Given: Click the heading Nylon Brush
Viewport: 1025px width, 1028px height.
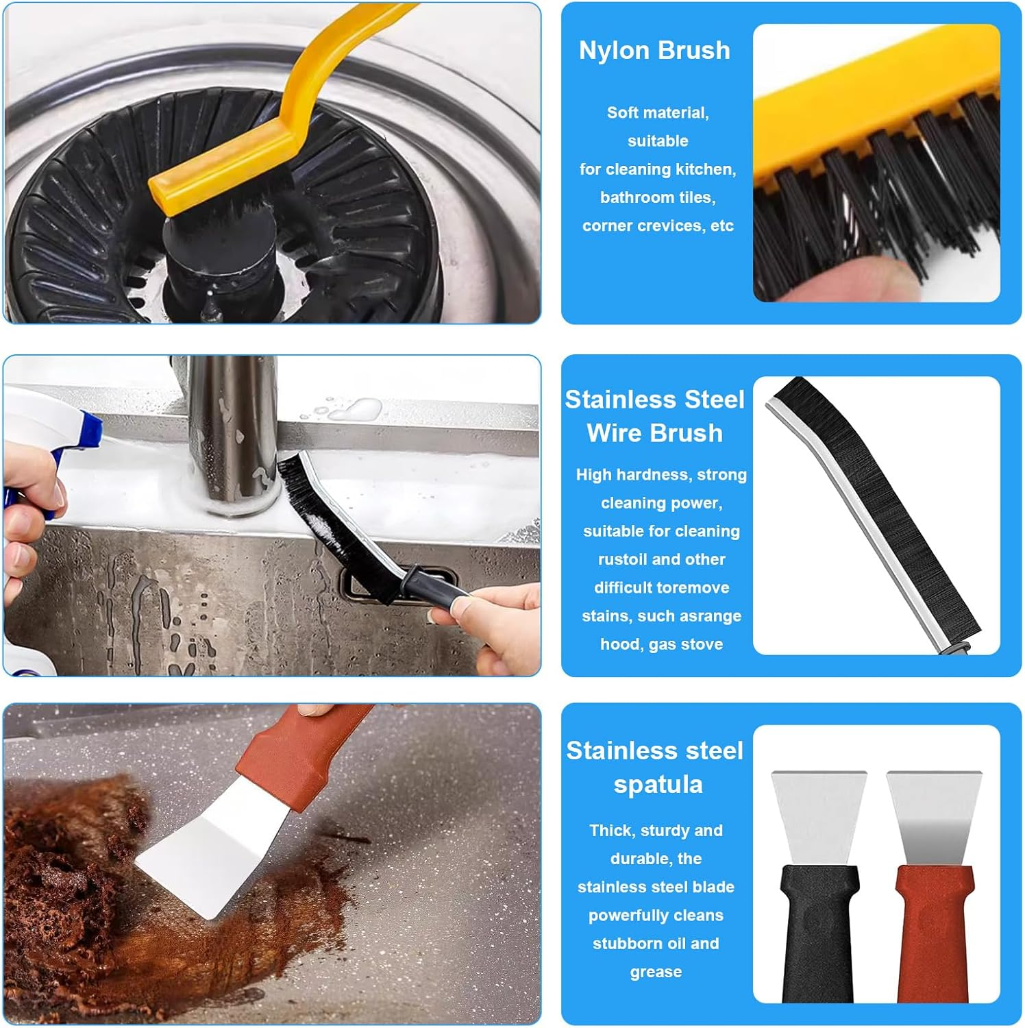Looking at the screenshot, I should (654, 51).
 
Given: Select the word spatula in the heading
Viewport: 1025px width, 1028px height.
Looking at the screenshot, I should (658, 785).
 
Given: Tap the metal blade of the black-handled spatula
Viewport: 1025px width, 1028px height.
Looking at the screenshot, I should (819, 816).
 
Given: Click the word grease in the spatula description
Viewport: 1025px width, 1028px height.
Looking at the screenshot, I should (656, 972).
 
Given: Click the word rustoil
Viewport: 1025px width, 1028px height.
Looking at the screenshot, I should (623, 559).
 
